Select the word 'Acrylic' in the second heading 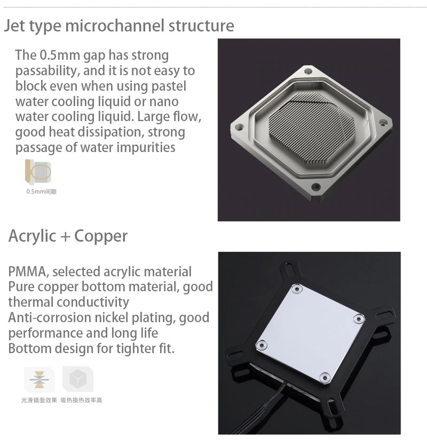33,236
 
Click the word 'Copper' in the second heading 101,236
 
